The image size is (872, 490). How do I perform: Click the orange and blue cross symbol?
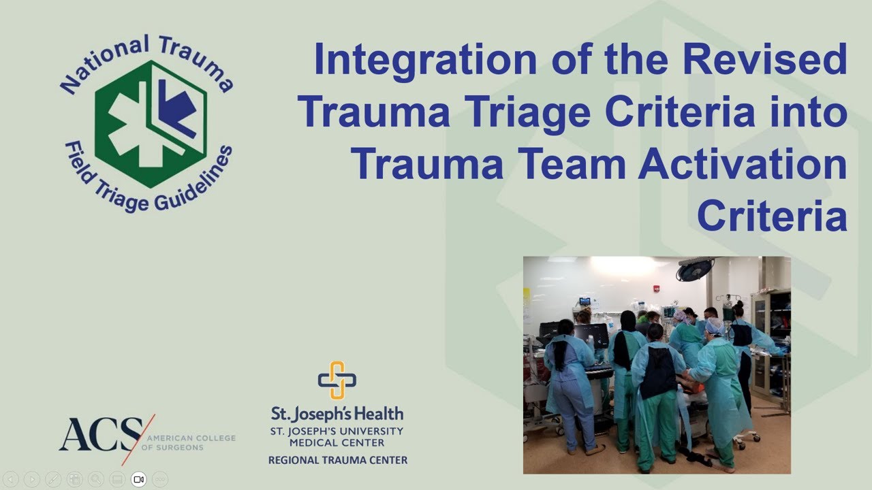tap(337, 380)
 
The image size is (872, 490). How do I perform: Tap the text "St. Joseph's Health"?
tap(337, 413)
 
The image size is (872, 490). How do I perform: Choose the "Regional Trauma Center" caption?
tap(338, 460)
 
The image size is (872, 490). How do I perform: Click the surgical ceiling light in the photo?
tap(695, 269)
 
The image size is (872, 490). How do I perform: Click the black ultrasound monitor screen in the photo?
tap(591, 333)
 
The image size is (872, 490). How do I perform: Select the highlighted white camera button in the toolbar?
tap(139, 479)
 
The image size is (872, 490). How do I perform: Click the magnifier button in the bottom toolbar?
tap(96, 479)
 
